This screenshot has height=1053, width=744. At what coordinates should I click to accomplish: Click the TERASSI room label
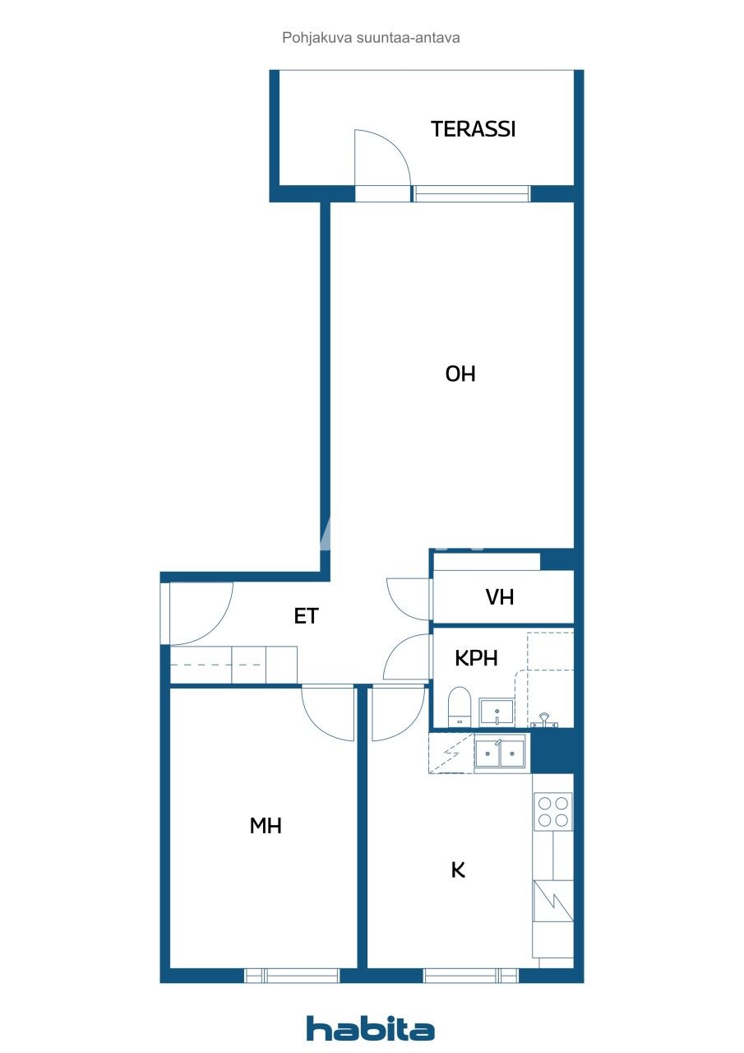473,129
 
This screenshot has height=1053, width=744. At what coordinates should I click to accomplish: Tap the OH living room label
460,373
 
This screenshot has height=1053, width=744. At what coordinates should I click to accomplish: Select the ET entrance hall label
307,616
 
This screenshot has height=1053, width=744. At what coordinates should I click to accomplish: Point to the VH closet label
499,597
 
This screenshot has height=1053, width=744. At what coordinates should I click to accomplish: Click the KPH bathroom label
476,658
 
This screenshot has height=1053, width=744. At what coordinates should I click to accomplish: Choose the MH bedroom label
266,825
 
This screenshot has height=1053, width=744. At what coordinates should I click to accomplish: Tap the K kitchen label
458,870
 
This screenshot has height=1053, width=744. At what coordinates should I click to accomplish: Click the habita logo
370,1028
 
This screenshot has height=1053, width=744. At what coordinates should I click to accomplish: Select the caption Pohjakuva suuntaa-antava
371,38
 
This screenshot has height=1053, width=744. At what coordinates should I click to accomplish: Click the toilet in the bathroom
460,707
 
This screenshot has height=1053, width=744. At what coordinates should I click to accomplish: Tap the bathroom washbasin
496,712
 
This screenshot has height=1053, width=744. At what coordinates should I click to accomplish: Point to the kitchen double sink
500,753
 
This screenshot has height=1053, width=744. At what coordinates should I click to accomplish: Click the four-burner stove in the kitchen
552,812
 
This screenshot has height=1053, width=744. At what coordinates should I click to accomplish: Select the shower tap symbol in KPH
544,720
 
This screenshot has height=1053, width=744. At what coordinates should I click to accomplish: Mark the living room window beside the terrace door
471,193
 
